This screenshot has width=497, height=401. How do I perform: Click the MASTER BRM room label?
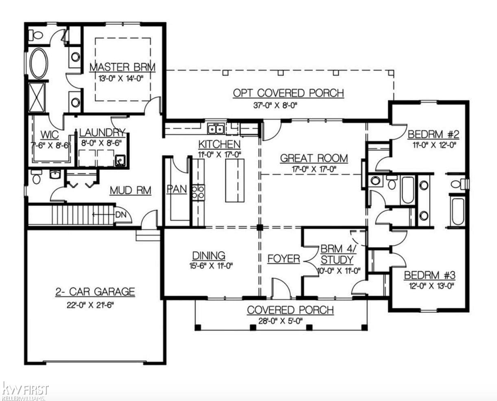point(122,67)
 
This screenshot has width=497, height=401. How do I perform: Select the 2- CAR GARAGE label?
point(95,292)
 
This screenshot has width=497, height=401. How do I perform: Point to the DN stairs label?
point(120,214)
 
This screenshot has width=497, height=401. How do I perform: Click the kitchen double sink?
point(216,129)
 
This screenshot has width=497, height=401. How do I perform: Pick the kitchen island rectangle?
point(235,180)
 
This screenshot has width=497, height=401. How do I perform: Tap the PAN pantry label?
point(177,189)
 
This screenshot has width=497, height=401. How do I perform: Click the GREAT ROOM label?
point(314,158)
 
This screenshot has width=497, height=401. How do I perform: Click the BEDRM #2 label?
point(433,134)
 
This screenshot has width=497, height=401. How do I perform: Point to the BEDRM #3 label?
point(429,275)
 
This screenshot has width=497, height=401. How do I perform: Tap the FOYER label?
point(283,259)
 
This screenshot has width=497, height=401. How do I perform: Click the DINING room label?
point(209,255)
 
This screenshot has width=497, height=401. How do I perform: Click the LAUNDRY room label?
point(102,133)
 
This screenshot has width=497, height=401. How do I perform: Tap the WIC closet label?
point(50,135)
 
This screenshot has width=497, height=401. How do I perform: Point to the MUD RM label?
point(131,190)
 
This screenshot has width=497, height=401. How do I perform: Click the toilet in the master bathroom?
point(36,35)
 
